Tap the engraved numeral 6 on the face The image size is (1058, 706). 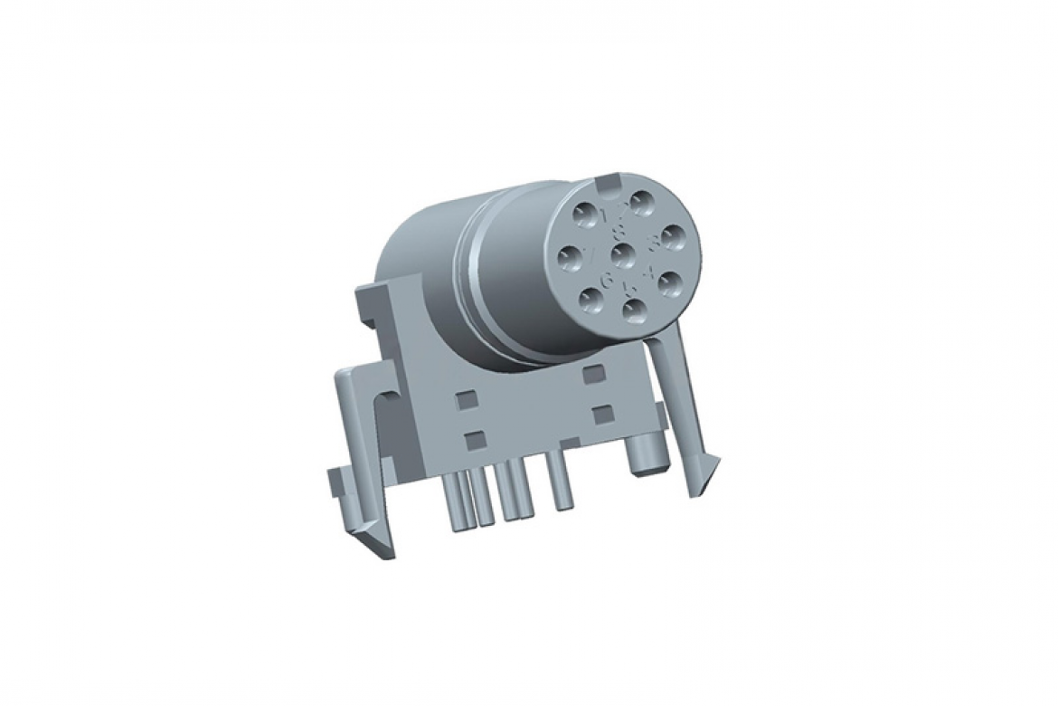[606, 279]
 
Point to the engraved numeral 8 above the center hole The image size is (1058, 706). [619, 232]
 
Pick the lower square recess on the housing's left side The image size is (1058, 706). [473, 441]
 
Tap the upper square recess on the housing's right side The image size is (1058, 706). [593, 374]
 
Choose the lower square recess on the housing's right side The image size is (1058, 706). [600, 415]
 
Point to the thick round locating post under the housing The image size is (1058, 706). [644, 452]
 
